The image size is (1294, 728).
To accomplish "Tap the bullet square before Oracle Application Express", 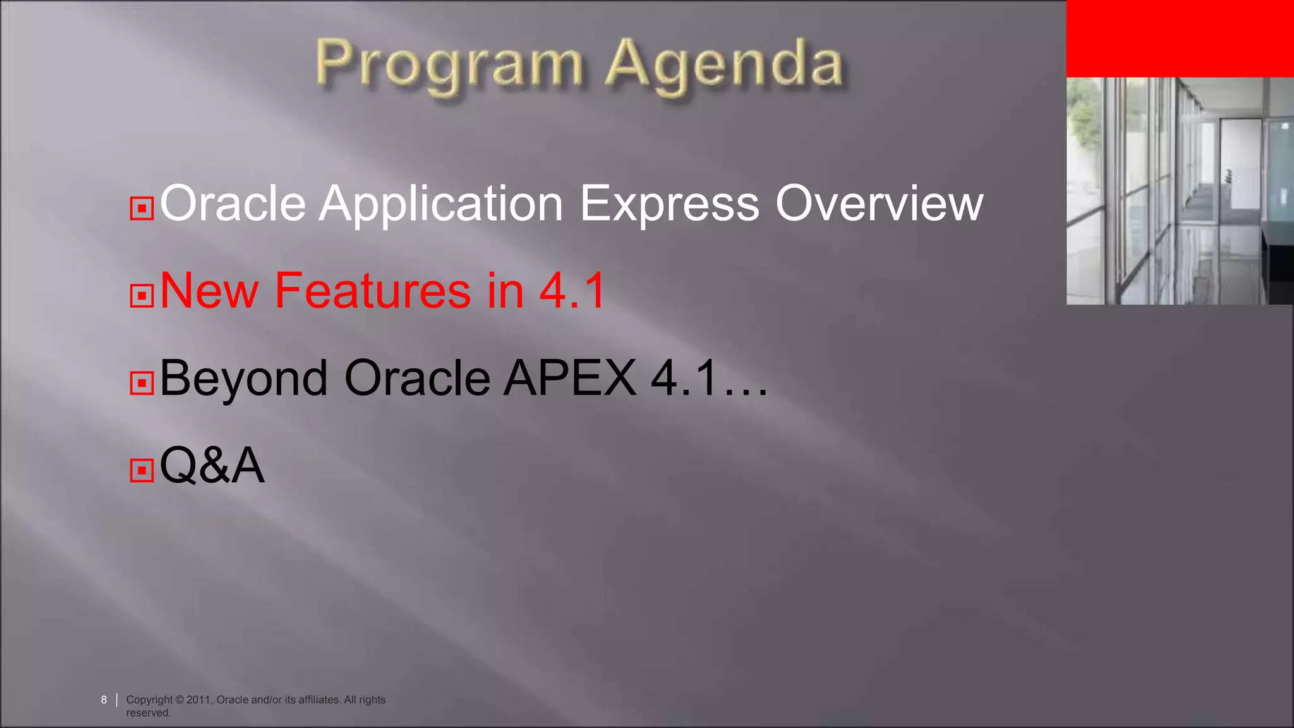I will [142, 208].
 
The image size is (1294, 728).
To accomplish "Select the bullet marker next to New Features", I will [142, 295].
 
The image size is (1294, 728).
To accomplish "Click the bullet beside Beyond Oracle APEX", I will [142, 382].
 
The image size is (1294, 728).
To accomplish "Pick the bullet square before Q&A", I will [142, 470].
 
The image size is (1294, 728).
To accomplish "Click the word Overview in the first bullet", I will [879, 203].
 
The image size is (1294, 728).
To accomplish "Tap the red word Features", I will [373, 291].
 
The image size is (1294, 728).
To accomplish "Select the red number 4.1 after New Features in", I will [572, 291].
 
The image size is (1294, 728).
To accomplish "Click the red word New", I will [209, 291].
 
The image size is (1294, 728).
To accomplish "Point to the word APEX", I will [570, 378].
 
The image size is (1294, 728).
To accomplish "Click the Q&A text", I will [212, 466].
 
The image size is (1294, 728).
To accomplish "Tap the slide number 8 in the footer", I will [104, 700].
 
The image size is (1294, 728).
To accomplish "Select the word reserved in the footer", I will [148, 713].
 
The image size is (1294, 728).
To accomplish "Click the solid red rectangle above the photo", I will [1180, 38].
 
